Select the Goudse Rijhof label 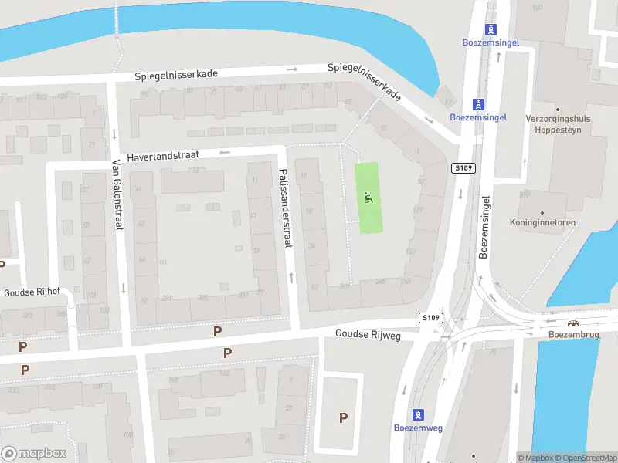32,292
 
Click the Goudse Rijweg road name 367,334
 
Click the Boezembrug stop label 573,336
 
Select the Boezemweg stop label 419,428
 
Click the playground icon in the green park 368,196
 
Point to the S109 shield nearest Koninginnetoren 463,168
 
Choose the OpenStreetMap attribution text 588,458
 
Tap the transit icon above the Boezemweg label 419,414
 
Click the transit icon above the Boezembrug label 573,325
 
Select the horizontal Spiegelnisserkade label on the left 176,75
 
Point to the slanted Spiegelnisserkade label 365,80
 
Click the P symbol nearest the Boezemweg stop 343,417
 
